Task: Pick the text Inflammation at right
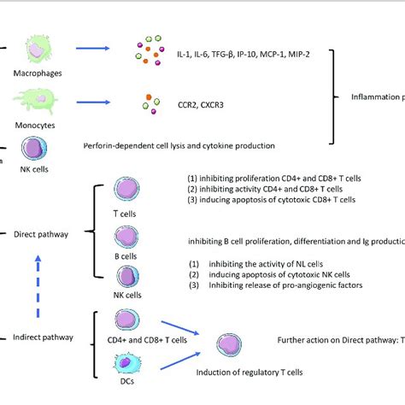click(377, 97)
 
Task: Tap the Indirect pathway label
click(41, 337)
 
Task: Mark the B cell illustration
click(126, 236)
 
